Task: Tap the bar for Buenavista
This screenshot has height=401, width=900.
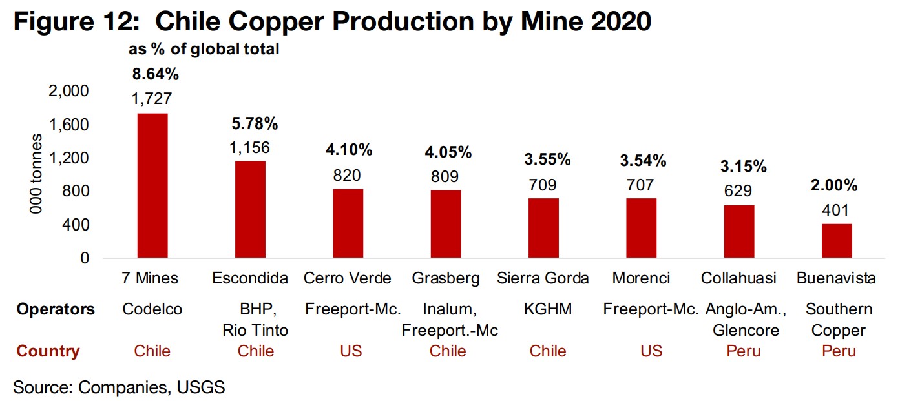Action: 837,241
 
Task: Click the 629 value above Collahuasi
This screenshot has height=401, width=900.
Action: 738,191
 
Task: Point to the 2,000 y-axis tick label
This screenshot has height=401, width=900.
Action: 68,91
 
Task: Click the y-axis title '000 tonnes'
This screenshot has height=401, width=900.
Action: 37,174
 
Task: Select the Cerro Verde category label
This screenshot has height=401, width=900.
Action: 348,278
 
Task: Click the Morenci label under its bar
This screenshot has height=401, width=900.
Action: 641,278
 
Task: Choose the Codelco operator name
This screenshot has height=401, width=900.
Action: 152,309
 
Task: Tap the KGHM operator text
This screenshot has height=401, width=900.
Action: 543,309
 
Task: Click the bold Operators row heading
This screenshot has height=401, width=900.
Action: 56,309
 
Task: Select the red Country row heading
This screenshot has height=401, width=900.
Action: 48,351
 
